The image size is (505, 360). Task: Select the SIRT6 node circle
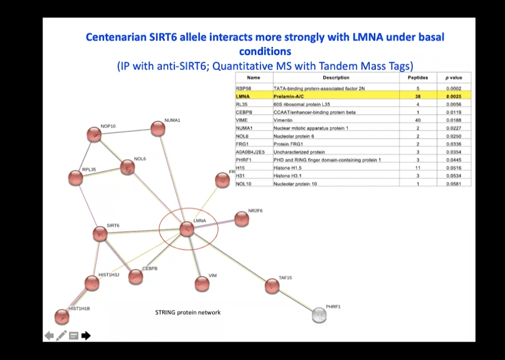tap(100, 234)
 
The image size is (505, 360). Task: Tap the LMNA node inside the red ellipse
tap(187, 229)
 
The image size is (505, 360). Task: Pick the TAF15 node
tap(272, 286)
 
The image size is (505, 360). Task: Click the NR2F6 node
tap(242, 219)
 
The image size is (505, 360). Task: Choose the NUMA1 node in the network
tap(158, 129)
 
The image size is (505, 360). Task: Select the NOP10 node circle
tap(94, 135)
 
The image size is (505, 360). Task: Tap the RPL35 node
tap(75, 178)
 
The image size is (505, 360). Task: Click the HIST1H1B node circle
tap(62, 317)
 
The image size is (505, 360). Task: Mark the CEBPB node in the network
tap(136, 277)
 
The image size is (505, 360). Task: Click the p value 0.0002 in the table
tap(454, 88)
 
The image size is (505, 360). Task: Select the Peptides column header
tap(418, 78)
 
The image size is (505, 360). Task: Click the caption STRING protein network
tap(188, 313)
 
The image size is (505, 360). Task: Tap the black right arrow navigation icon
tap(86, 336)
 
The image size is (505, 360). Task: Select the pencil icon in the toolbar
tap(62, 336)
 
